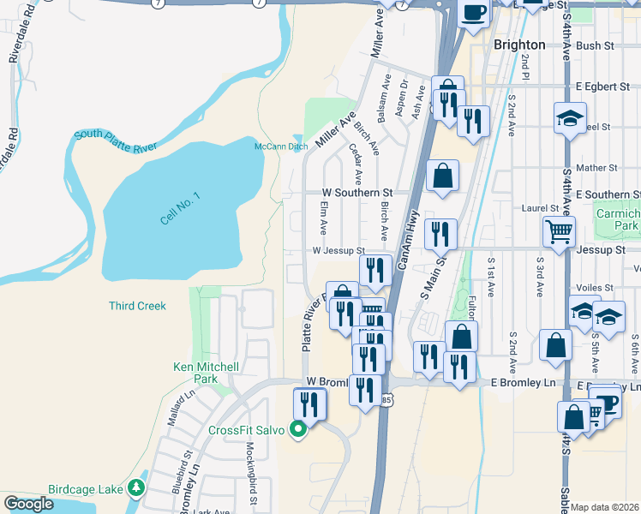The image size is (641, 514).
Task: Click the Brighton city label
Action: pyautogui.click(x=519, y=45)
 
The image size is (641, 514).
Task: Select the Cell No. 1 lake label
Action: pyautogui.click(x=180, y=208)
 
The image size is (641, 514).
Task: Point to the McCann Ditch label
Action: pyautogui.click(x=280, y=146)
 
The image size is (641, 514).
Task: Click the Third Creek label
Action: pyautogui.click(x=137, y=306)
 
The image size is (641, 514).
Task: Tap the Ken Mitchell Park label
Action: pyautogui.click(x=206, y=373)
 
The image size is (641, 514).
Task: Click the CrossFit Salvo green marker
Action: pyautogui.click(x=299, y=429)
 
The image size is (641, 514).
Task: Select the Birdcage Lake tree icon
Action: pyautogui.click(x=135, y=488)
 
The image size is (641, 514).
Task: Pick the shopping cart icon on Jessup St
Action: pyautogui.click(x=559, y=230)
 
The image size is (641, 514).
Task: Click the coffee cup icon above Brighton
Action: pyautogui.click(x=474, y=13)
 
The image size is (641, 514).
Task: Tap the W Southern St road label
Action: pyautogui.click(x=356, y=194)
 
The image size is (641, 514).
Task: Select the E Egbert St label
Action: pyautogui.click(x=602, y=87)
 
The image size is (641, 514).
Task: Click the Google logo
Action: pyautogui.click(x=28, y=504)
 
